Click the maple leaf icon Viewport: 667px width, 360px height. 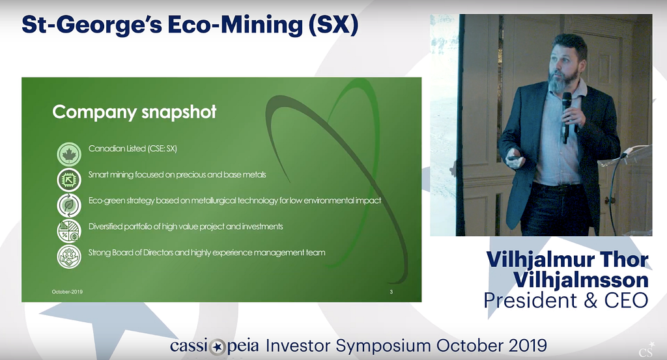click(x=69, y=154)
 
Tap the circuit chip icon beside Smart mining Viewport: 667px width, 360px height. click(x=69, y=180)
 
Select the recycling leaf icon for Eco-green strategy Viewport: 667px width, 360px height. click(x=69, y=206)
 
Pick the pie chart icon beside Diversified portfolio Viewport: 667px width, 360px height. click(x=69, y=231)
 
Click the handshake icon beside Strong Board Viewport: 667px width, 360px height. click(x=69, y=256)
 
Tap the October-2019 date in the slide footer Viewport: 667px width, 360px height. click(x=67, y=292)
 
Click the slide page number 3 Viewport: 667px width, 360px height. click(x=391, y=292)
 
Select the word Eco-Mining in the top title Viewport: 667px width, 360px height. click(x=235, y=25)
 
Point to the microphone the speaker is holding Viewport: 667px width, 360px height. click(x=566, y=118)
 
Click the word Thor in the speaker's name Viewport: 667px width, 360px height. click(x=625, y=260)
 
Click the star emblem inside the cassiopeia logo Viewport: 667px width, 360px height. click(x=218, y=347)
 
